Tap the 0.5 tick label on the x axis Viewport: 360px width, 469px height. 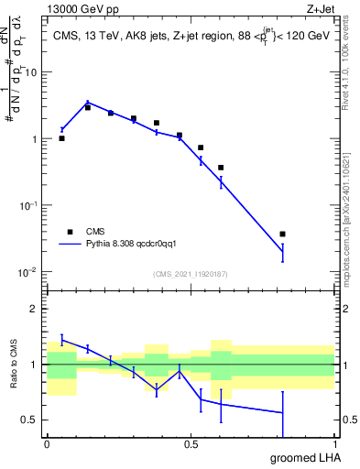coord(190,443)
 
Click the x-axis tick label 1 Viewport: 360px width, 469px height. coord(333,443)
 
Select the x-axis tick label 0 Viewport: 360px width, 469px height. coord(47,443)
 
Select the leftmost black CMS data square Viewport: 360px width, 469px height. coord(61,138)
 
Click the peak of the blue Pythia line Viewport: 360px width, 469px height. coord(87,103)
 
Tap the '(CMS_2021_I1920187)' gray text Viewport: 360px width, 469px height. coord(190,273)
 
